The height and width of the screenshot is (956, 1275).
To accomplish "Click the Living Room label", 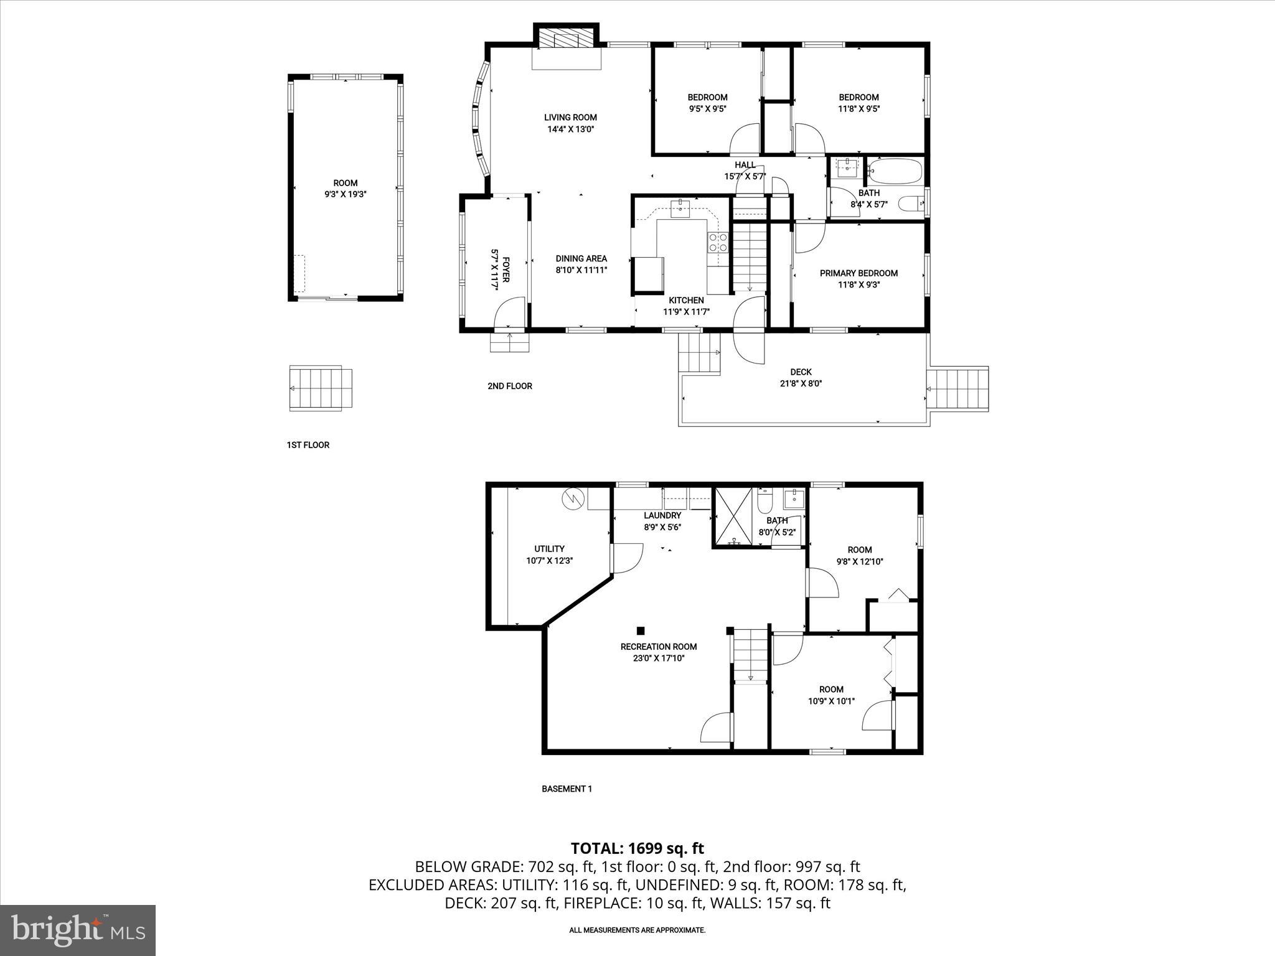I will point(570,123).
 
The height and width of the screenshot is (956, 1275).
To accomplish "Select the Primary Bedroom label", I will point(859,279).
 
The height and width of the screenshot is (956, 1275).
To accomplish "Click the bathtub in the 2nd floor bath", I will point(895,171).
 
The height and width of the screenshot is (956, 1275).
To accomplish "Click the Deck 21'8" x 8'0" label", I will point(801,378).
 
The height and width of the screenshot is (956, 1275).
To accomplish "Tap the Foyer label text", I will point(501,273).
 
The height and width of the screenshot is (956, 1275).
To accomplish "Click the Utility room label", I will point(549,554).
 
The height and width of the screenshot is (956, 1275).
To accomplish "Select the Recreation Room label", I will point(659,652).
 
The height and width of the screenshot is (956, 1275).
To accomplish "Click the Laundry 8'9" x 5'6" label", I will point(662,521).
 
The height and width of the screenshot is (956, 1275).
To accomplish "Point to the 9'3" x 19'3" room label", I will point(345,188).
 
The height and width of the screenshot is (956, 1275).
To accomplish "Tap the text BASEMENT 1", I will point(567,789).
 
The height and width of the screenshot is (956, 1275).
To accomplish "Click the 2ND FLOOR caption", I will point(510,386).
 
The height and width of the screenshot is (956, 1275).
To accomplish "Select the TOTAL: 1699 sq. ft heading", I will point(637,848).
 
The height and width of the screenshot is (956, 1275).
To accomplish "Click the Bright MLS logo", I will point(78,930).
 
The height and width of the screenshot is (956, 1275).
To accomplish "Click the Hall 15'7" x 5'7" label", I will point(745,171).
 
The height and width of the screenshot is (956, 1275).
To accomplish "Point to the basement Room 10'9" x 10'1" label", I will point(831,695).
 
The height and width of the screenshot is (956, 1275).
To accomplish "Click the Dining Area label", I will point(581,264).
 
